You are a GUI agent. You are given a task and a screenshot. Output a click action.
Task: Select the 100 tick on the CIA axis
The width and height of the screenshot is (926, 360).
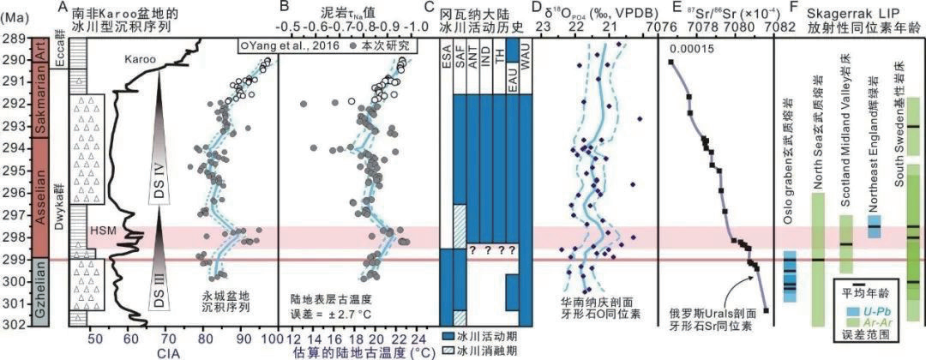click(x=275, y=335)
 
